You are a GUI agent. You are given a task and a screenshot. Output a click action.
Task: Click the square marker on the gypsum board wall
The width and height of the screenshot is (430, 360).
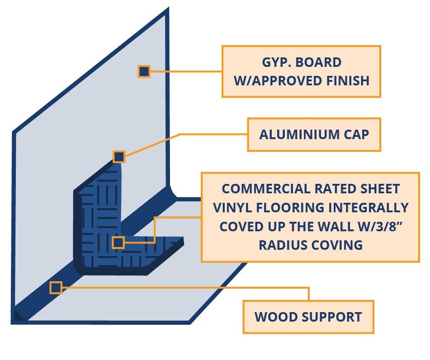tap(144, 71)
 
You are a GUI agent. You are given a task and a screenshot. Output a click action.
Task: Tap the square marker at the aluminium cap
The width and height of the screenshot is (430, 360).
tap(118, 157)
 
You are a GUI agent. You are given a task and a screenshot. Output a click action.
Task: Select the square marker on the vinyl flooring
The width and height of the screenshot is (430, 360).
tap(118, 243)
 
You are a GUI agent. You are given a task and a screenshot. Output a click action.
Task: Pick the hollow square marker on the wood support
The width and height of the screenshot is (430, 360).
tap(56, 288)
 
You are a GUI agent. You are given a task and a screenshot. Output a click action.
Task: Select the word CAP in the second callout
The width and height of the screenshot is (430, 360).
tap(356, 135)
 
